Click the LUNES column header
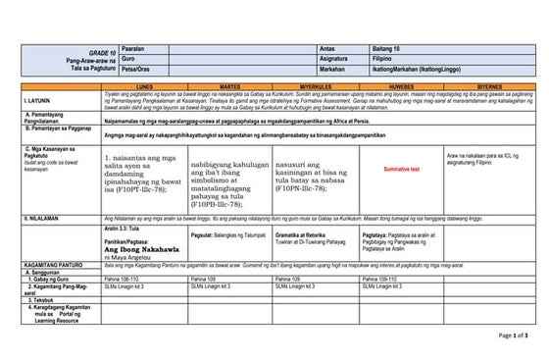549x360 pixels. tap(144, 86)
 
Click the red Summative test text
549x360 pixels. tap(401, 170)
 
